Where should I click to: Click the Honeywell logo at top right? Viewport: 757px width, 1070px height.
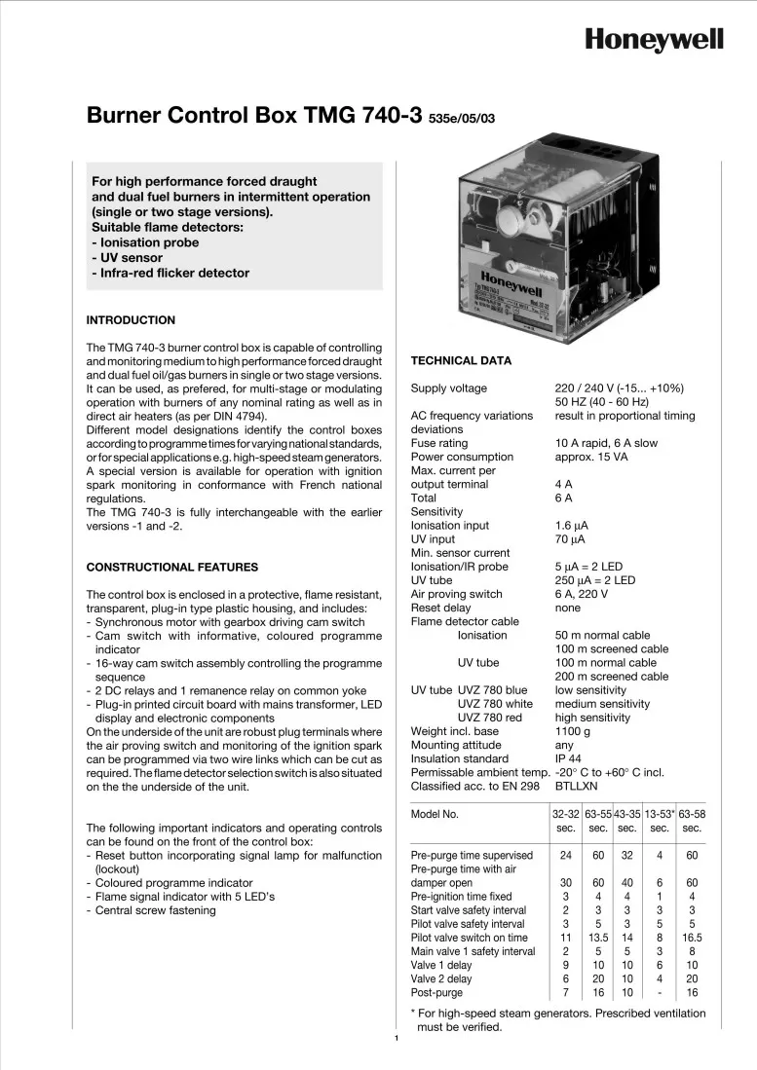(x=654, y=40)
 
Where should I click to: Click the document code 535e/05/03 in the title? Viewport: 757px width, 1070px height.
(x=462, y=120)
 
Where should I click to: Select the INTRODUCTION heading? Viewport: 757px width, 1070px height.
(x=131, y=320)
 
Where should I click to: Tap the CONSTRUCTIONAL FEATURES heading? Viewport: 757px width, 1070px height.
(x=172, y=567)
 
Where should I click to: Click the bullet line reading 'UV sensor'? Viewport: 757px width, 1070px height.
(x=127, y=258)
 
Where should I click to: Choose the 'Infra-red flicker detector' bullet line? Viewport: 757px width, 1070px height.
(x=170, y=274)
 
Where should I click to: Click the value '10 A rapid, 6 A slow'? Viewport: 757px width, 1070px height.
(x=606, y=443)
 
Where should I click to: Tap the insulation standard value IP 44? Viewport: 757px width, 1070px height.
(x=570, y=758)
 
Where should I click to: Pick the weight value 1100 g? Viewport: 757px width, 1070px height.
(x=574, y=731)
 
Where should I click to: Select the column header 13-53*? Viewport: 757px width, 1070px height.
(x=660, y=813)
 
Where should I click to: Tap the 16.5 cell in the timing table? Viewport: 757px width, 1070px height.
(x=692, y=938)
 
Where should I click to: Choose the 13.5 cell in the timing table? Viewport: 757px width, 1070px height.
(x=596, y=938)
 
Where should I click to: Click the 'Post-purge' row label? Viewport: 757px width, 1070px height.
(x=437, y=992)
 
